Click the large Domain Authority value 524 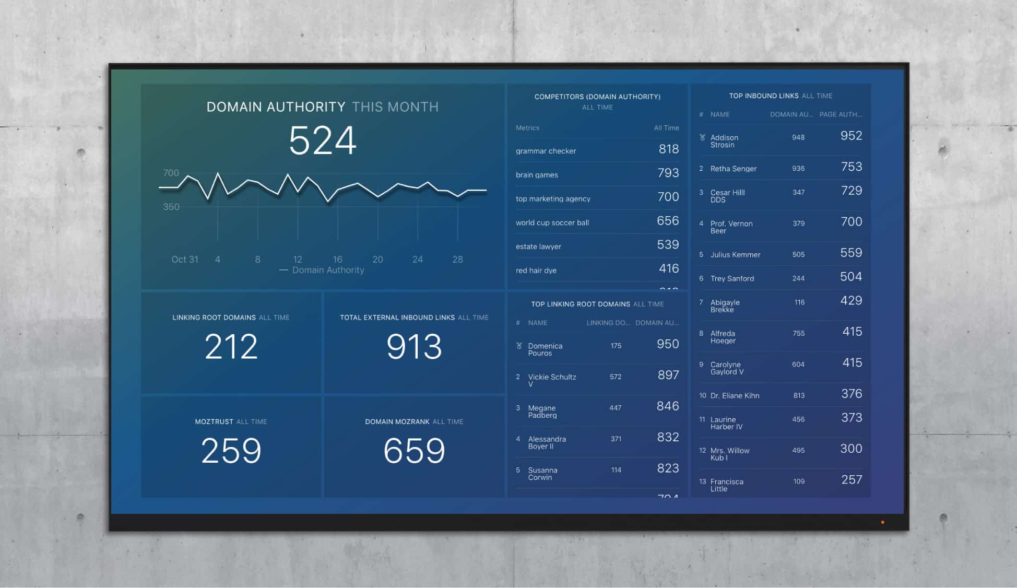[x=322, y=140]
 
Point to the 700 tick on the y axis [x=171, y=173]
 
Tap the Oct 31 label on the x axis [x=185, y=260]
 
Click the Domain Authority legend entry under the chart [x=327, y=270]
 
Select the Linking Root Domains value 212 [x=231, y=347]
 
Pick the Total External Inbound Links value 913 [x=414, y=347]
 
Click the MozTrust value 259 [x=231, y=451]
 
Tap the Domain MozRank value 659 [x=414, y=451]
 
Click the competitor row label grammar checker [x=546, y=151]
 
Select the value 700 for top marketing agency [x=668, y=197]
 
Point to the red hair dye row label [x=536, y=271]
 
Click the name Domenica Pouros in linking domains [x=545, y=349]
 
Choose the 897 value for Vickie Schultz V [x=668, y=375]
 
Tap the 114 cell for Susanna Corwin [x=616, y=470]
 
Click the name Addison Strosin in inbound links [x=724, y=141]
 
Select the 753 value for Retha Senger [x=851, y=167]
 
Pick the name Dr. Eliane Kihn [x=735, y=396]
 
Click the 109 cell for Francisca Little [x=798, y=481]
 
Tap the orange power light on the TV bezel [x=882, y=522]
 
